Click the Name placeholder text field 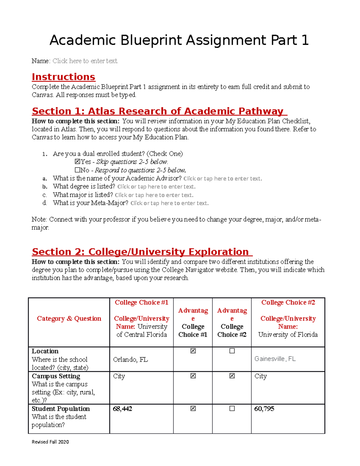click(x=85, y=61)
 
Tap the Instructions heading click(x=64, y=77)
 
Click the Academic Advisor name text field click(x=223, y=179)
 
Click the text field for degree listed click(x=156, y=187)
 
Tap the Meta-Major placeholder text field click(x=169, y=203)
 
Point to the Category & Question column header click(x=69, y=318)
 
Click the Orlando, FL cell click(x=130, y=359)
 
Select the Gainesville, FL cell click(x=275, y=359)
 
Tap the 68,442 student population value click(x=122, y=409)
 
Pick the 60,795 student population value click(x=264, y=409)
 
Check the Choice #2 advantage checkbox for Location click(x=232, y=351)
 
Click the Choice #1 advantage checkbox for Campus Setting click(x=193, y=376)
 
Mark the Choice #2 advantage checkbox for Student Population click(x=232, y=408)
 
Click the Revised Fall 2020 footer click(x=50, y=442)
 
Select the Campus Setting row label click(x=56, y=376)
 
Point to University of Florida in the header click(x=288, y=335)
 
